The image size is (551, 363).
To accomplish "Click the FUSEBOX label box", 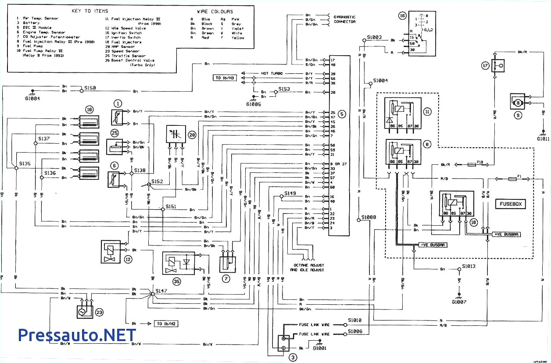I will coord(512,204).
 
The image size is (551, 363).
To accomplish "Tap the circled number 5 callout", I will coord(342,114).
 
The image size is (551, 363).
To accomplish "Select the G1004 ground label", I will coord(33,99).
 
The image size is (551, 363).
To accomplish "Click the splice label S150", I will coord(90,88).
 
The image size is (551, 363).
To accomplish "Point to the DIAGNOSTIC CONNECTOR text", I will coord(345,19).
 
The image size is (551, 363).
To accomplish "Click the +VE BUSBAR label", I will coord(506,235).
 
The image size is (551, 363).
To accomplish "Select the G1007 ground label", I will coord(459,302).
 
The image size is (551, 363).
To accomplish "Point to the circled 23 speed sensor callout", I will coord(100,313).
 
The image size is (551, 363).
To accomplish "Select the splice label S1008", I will coord(369,217).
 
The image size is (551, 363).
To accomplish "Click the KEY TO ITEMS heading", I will coord(90,11).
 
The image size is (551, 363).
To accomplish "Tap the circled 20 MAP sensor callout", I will coord(192,135).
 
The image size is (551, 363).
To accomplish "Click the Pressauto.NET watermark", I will coord(77,335).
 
